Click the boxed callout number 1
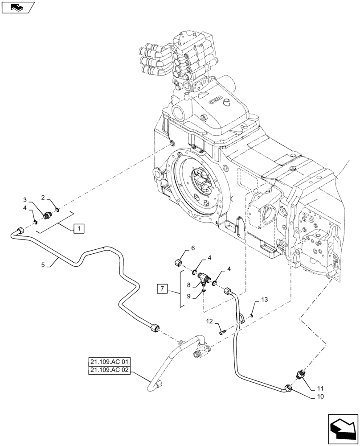[x=78, y=229]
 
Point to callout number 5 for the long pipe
[x=43, y=264]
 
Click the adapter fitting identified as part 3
[x=46, y=217]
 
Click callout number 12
[x=209, y=321]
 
